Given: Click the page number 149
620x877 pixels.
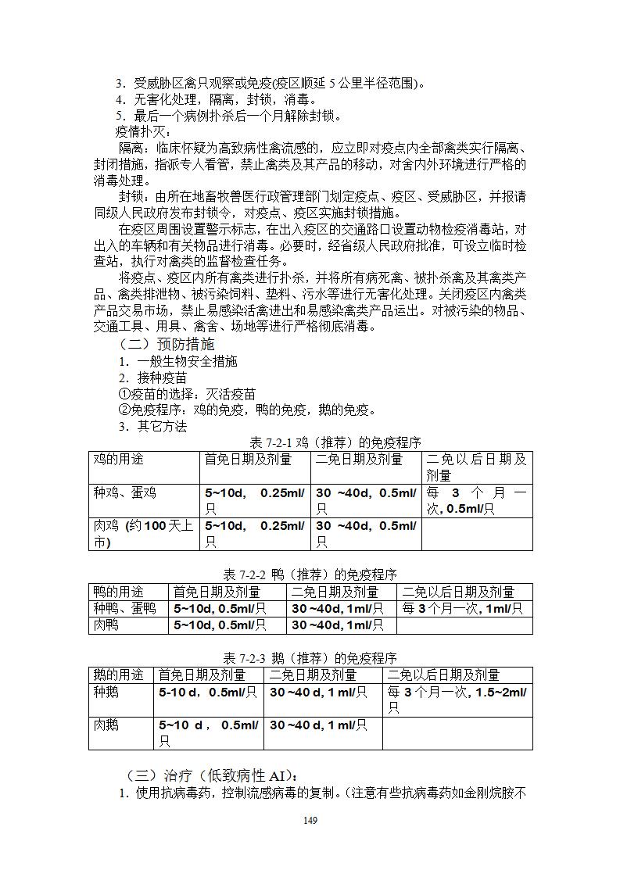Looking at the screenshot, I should click(x=310, y=820).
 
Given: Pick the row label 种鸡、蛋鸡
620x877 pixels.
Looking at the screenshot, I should click(x=125, y=492).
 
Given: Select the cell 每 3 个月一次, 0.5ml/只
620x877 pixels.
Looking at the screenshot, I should click(x=476, y=500).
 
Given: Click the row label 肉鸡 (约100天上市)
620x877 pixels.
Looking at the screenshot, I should click(x=143, y=534).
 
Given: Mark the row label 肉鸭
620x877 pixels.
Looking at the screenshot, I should click(x=106, y=625).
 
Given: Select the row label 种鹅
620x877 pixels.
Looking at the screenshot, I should click(x=106, y=692).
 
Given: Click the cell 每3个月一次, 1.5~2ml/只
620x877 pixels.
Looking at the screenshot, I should click(x=457, y=700).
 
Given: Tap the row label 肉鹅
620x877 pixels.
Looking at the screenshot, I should click(x=106, y=725).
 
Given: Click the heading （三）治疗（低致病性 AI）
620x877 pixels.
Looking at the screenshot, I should click(x=210, y=775).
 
